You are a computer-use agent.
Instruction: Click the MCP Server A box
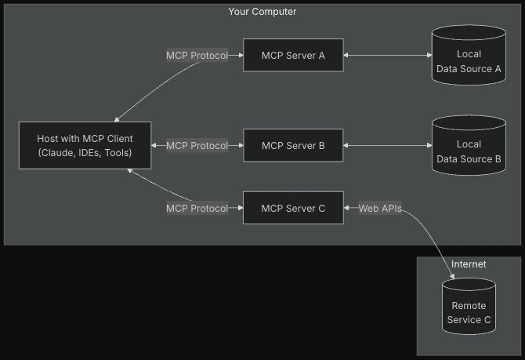click(292, 56)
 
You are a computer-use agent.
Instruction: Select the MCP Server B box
click(292, 146)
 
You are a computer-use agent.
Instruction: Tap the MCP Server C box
click(292, 209)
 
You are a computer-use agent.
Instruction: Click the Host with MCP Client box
click(85, 146)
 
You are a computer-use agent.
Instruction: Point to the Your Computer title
click(262, 12)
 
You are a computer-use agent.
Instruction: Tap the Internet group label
click(469, 264)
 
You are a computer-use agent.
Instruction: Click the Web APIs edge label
click(380, 209)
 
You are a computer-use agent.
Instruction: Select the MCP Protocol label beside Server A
click(197, 56)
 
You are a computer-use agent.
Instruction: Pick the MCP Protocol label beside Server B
click(197, 146)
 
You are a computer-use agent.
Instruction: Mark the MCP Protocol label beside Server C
click(197, 209)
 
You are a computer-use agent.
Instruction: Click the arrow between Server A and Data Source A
click(388, 56)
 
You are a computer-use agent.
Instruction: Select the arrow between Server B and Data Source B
click(388, 146)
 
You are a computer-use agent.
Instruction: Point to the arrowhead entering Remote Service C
click(453, 276)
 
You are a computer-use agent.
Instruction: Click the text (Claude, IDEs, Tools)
click(85, 153)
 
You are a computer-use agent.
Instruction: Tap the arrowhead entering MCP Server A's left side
click(239, 56)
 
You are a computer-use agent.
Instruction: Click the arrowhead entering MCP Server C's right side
click(347, 209)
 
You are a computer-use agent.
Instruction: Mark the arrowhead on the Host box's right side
click(154, 146)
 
